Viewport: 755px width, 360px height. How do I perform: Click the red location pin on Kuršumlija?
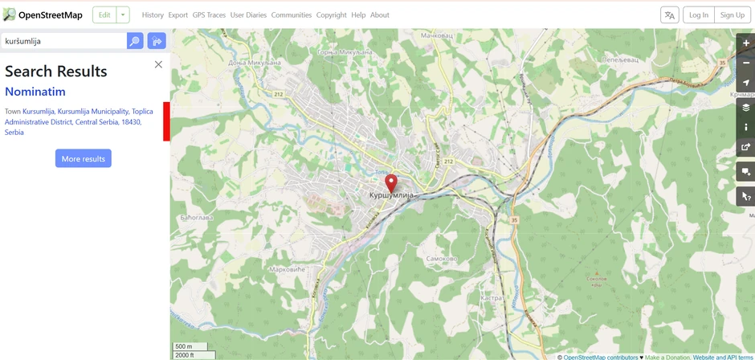391,182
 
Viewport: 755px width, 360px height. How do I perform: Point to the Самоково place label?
441,258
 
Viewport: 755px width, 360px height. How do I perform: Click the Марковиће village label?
288,269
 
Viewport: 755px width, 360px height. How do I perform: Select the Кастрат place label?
492,297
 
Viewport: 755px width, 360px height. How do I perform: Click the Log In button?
699,14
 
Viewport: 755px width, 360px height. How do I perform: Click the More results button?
84,158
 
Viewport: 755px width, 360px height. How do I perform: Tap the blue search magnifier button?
135,41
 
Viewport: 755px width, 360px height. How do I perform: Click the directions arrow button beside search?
156,41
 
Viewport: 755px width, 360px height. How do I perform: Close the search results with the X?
158,64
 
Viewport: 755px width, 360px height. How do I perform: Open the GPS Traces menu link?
209,14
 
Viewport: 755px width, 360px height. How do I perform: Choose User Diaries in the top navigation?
248,14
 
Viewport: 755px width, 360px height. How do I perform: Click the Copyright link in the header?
331,14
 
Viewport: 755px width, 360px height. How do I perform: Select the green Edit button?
104,14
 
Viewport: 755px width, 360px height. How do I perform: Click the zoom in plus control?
746,43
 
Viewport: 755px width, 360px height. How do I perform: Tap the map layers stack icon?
746,107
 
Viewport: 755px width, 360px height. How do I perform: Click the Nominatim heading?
35,92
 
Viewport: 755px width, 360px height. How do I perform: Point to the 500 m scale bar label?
183,346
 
